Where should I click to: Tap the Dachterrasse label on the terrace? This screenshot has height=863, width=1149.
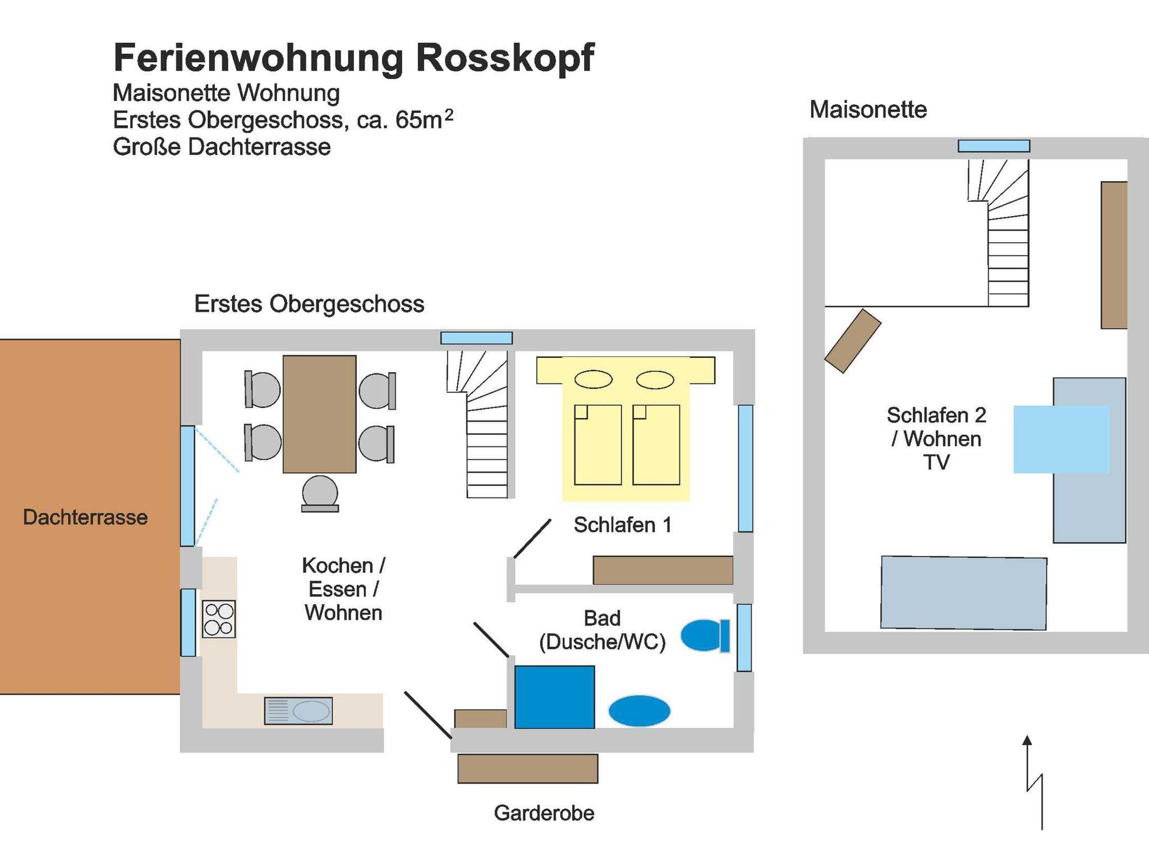pyautogui.click(x=85, y=517)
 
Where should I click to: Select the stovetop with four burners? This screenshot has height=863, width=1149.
pyautogui.click(x=219, y=619)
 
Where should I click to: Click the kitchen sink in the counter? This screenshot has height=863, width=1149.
pyautogui.click(x=298, y=710)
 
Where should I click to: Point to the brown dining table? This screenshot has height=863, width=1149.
pyautogui.click(x=319, y=414)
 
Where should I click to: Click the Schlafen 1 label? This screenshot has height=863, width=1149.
pyautogui.click(x=622, y=525)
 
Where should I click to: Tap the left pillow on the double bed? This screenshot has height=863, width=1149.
pyautogui.click(x=593, y=380)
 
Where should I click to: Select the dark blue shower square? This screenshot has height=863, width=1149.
pyautogui.click(x=554, y=697)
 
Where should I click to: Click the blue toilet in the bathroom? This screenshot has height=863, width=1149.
pyautogui.click(x=705, y=636)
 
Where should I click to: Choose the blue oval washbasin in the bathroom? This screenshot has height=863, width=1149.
pyautogui.click(x=639, y=710)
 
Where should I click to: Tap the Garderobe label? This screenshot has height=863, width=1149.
pyautogui.click(x=544, y=813)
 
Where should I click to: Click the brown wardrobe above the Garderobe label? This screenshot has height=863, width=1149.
pyautogui.click(x=527, y=769)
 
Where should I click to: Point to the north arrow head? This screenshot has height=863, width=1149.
pyautogui.click(x=1027, y=741)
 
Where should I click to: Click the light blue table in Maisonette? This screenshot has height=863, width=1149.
pyautogui.click(x=1061, y=439)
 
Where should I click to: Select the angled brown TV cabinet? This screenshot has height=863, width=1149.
pyautogui.click(x=852, y=341)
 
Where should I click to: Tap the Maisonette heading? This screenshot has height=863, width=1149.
pyautogui.click(x=868, y=110)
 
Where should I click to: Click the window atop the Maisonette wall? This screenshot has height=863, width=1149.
pyautogui.click(x=994, y=146)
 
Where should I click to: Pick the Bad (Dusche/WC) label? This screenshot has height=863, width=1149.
pyautogui.click(x=602, y=630)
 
